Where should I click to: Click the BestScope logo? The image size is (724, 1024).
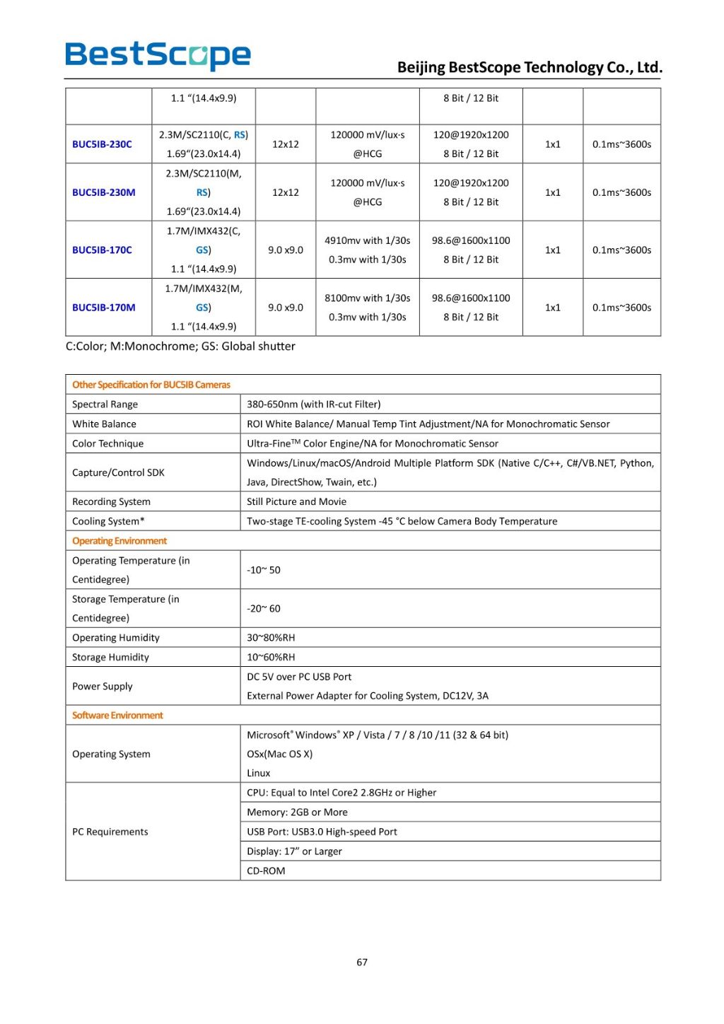(158, 55)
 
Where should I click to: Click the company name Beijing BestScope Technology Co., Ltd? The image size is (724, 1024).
(530, 67)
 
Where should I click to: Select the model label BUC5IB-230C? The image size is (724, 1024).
(102, 144)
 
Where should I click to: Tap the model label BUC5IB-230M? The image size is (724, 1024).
(104, 192)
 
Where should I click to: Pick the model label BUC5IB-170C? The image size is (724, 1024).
(102, 250)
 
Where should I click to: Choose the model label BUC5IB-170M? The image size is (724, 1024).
(104, 308)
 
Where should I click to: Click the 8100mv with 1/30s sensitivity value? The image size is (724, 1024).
(367, 298)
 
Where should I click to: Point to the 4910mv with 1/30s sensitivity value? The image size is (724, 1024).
(367, 240)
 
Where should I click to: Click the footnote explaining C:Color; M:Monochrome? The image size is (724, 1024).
(180, 347)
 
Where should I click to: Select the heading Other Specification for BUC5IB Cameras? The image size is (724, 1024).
(151, 385)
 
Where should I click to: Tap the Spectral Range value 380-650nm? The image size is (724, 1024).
(313, 405)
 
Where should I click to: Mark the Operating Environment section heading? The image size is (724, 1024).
(119, 541)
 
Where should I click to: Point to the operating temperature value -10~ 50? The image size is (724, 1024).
(263, 570)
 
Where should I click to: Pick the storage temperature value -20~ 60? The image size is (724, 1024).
(263, 609)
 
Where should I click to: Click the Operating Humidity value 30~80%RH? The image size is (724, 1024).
(271, 638)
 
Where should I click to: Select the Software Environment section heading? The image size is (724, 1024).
(117, 716)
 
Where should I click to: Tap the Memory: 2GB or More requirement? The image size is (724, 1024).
(297, 813)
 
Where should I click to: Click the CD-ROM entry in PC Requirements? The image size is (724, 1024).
(266, 871)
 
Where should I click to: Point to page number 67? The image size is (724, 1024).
(362, 962)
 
